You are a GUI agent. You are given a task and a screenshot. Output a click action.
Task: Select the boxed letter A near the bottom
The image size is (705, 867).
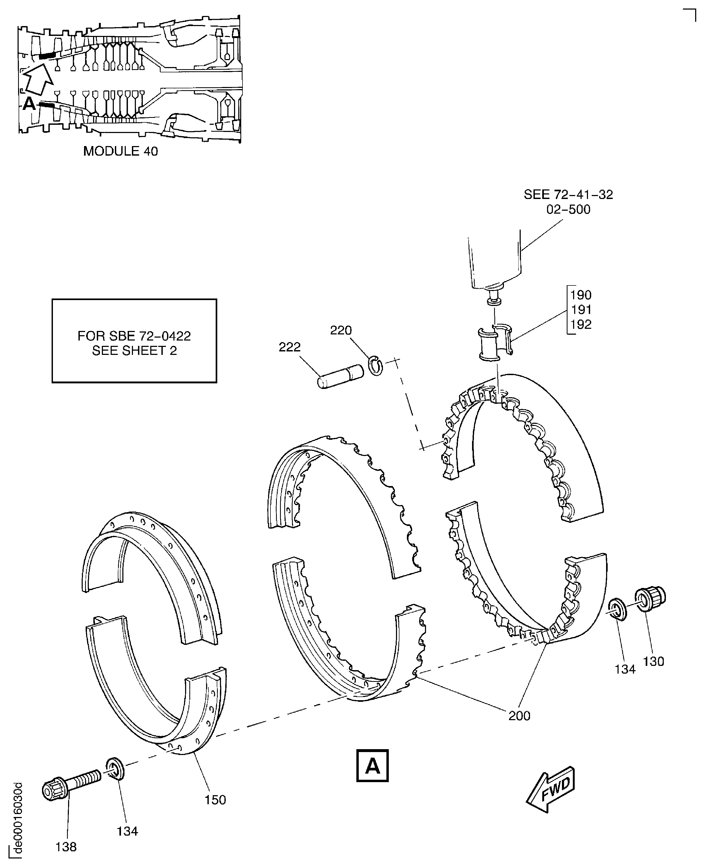tap(372, 765)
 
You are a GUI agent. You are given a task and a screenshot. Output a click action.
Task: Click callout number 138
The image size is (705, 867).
tap(66, 847)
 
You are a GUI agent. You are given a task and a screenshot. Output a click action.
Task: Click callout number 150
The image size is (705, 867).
tap(215, 799)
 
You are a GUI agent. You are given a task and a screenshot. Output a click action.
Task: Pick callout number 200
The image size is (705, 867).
tap(519, 715)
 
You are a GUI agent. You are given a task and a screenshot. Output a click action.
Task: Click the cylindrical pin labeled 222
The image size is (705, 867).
tap(340, 376)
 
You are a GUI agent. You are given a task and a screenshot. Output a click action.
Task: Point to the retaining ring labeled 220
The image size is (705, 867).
tap(376, 365)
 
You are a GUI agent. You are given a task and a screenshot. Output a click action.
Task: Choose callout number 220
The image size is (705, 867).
tap(340, 330)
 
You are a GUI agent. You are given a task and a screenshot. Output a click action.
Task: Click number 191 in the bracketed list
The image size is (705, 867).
tap(581, 310)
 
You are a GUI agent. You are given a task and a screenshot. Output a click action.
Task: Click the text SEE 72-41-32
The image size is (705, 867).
tap(568, 195)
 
